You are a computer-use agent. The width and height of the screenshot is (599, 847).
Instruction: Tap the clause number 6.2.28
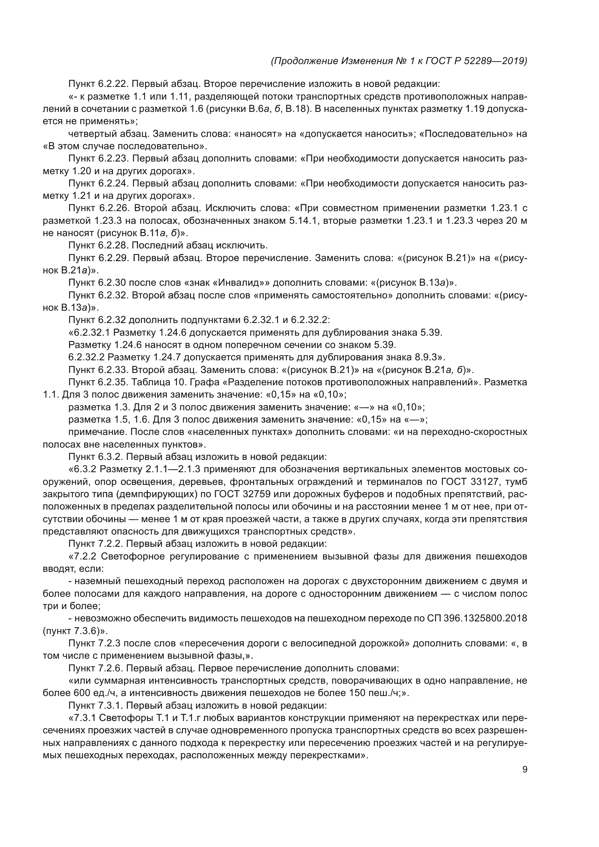tap(113, 245)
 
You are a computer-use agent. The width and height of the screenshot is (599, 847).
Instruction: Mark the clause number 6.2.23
tap(113, 159)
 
